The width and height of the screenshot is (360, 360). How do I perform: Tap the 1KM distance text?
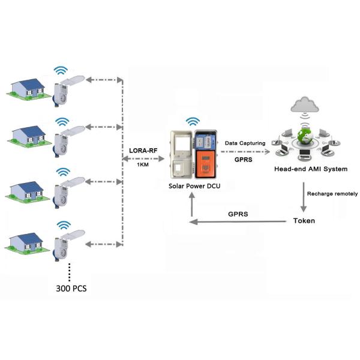click(x=143, y=165)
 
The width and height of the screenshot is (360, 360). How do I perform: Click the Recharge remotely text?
click(x=332, y=194)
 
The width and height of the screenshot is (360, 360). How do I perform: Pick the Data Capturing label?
click(x=244, y=143)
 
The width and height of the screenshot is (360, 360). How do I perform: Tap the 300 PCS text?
click(x=70, y=288)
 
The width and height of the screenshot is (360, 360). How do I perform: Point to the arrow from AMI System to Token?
click(x=304, y=196)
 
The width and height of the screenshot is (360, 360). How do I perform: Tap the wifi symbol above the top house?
click(x=60, y=70)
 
